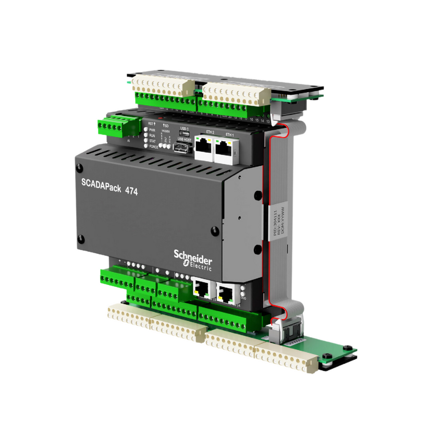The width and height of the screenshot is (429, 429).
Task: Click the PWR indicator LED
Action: click(147, 130)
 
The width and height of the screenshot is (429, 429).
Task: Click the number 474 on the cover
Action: click(131, 192)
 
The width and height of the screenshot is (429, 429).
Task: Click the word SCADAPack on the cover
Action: click(100, 185)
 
